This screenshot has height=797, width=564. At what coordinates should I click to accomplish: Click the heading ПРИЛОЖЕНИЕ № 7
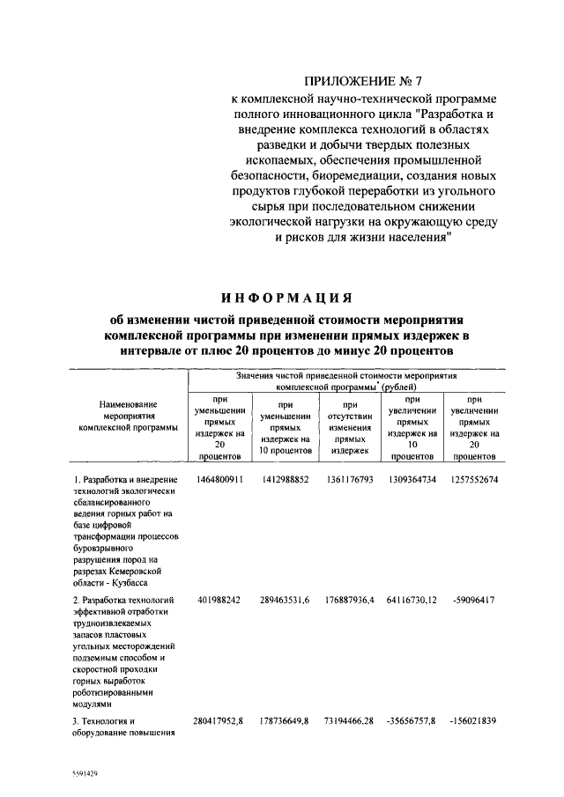coord(349,81)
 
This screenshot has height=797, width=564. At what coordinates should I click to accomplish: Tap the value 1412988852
coord(284,479)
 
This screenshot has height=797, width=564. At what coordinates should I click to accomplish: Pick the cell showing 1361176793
coord(349,479)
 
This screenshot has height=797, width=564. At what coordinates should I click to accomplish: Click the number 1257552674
coord(473,479)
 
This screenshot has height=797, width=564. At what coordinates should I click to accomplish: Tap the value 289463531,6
coord(284,601)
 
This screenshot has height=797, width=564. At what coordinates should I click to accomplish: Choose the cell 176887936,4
coord(349,601)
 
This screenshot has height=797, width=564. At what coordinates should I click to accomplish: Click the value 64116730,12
coord(411,601)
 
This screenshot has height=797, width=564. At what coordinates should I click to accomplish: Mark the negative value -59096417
coord(473,601)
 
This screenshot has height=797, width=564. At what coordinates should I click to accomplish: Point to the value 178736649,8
coord(284,722)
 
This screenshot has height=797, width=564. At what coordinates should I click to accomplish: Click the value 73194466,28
coord(349,722)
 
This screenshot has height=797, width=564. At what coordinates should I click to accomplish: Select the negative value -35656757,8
coord(411,722)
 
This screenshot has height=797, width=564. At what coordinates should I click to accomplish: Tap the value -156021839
coord(473,722)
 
